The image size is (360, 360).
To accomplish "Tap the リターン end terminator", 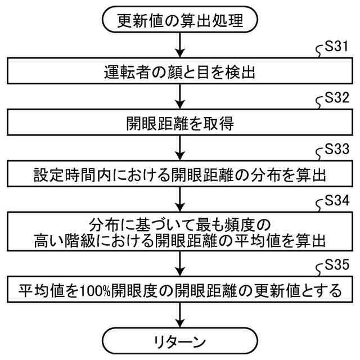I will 179,340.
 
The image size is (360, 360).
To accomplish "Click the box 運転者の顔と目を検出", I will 179,71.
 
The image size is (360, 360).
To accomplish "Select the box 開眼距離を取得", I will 179,123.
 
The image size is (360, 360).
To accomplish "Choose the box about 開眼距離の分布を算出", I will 179,174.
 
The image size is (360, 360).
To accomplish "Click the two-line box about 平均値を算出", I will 179,232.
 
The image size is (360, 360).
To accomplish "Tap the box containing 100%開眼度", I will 179,291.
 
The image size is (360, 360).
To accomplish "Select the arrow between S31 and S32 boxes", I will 179,97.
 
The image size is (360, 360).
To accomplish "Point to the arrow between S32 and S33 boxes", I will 179,148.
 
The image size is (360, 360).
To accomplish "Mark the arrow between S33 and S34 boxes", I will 179,199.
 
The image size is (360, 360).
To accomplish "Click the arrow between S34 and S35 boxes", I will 179,264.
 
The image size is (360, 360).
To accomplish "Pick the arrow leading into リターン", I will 179,315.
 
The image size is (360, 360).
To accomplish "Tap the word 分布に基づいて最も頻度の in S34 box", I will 179,224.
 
